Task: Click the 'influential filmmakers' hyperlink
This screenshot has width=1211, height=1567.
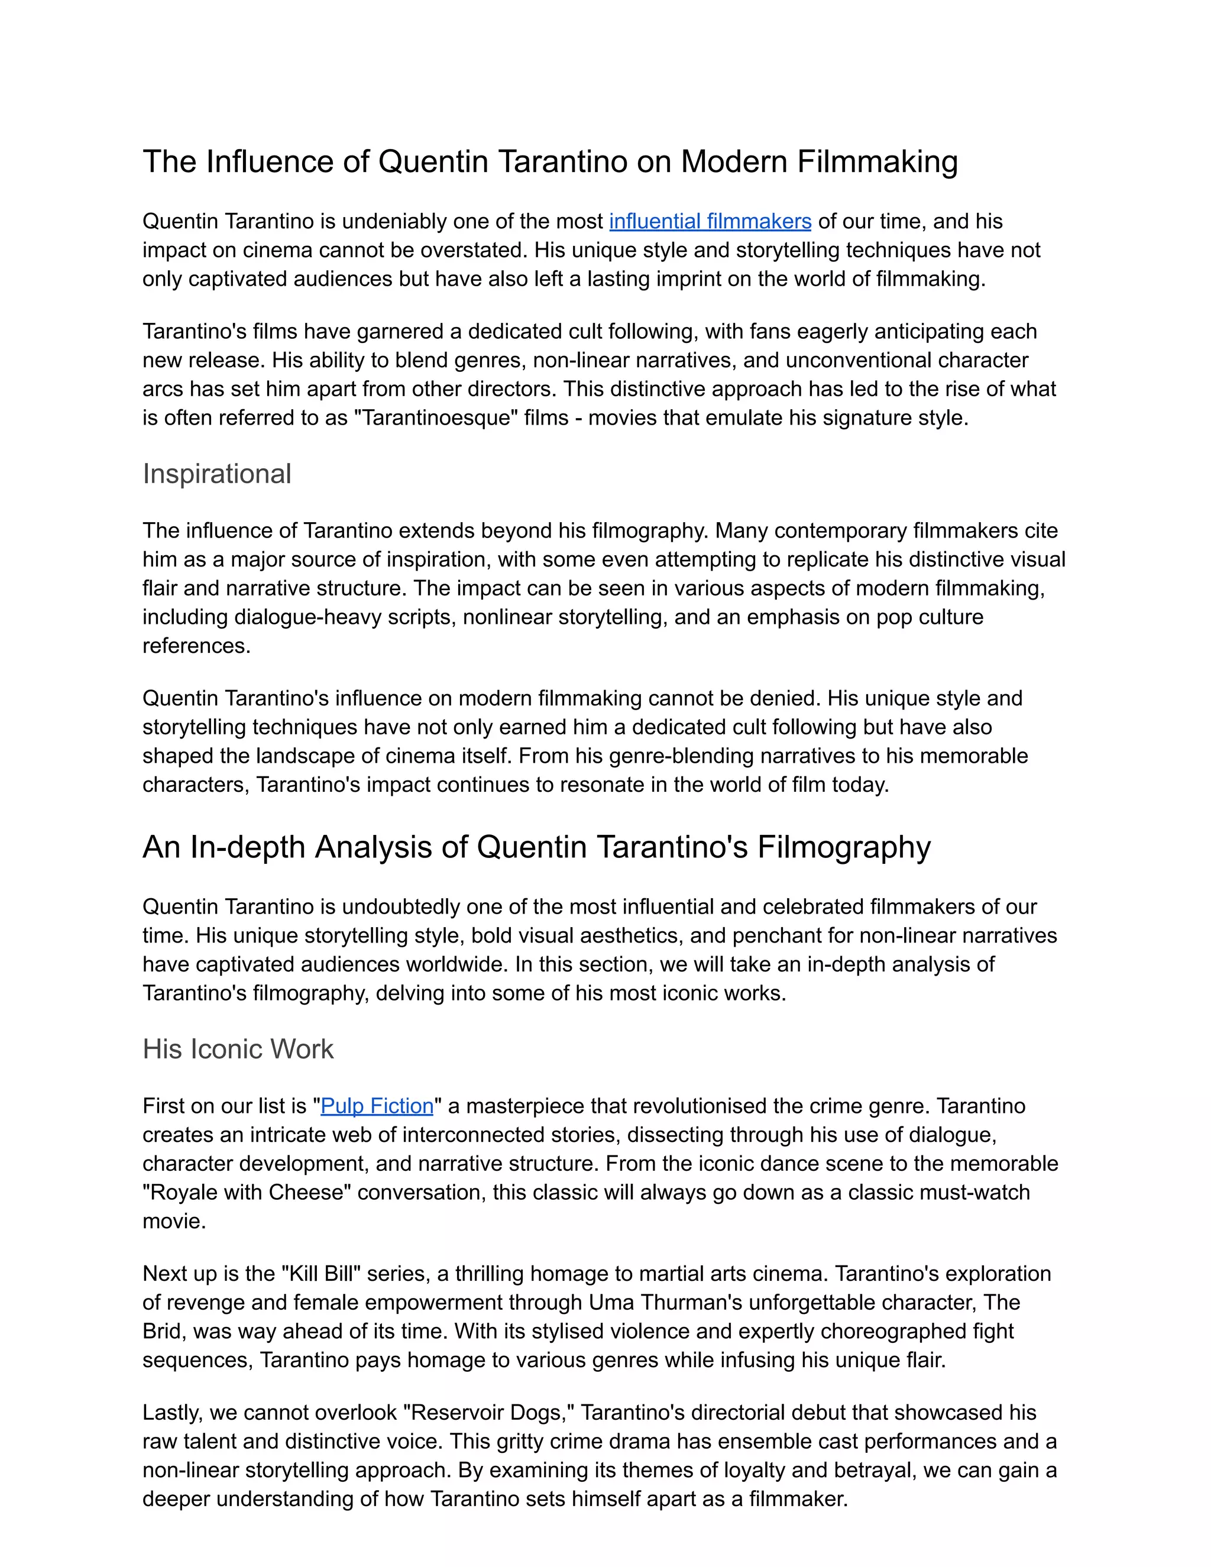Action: click(x=710, y=221)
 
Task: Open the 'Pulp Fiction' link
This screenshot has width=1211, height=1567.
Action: click(x=377, y=1106)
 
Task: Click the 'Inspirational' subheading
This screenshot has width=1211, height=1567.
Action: click(x=216, y=474)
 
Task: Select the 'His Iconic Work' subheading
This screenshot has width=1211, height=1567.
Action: click(x=238, y=1049)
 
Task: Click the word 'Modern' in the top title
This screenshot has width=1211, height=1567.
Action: click(x=734, y=161)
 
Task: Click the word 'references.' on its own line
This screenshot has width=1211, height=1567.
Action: click(x=196, y=646)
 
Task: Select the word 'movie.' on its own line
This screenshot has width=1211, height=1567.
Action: click(x=174, y=1220)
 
